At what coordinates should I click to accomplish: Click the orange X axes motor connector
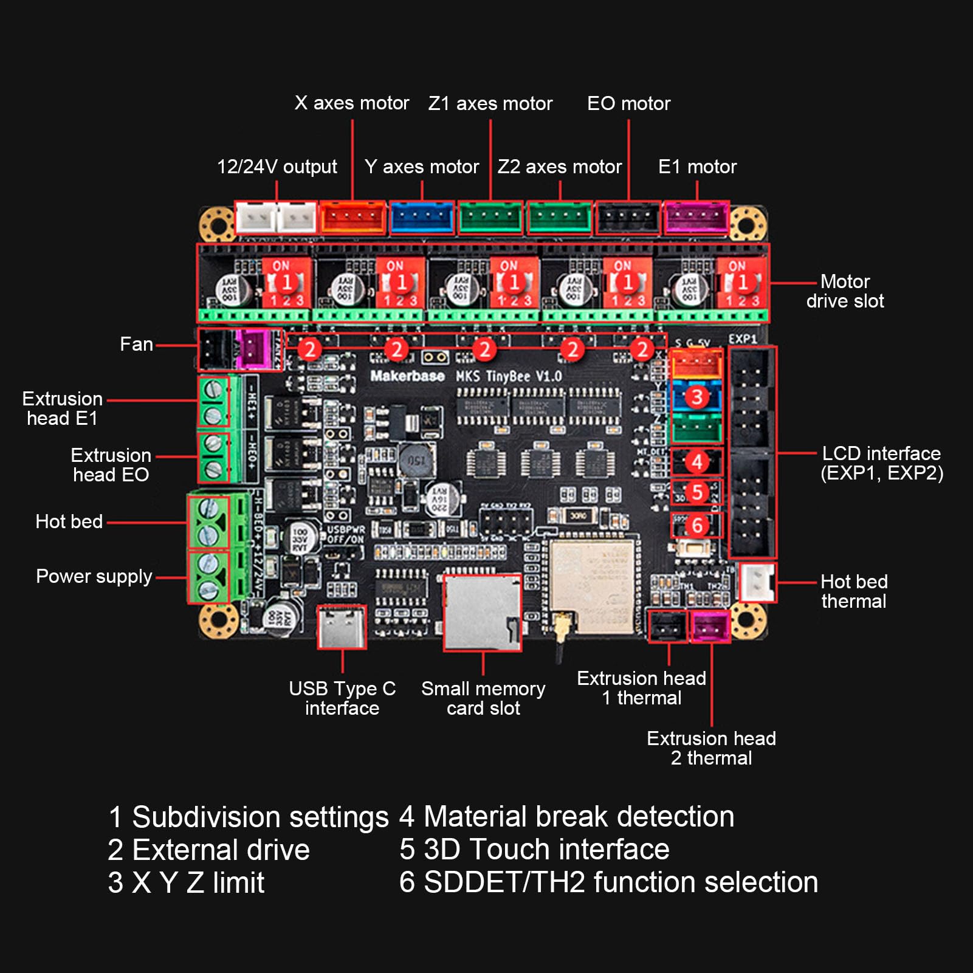pos(352,218)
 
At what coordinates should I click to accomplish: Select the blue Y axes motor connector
pos(422,218)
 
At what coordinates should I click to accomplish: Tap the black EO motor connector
pos(628,218)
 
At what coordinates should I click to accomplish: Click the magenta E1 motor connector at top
pos(696,218)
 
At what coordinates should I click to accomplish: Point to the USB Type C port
pos(342,627)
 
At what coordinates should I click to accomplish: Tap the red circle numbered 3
pos(697,397)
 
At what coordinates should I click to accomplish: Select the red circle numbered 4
pos(697,462)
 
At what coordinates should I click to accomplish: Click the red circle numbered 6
pos(697,525)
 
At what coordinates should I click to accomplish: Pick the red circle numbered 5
pos(697,492)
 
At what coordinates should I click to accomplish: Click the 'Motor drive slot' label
pos(845,291)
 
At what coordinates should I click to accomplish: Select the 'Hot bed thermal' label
pos(853,591)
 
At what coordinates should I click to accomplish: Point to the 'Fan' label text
pos(136,345)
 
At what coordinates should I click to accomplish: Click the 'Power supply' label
pos(94,576)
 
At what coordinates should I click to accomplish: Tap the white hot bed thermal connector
pos(757,583)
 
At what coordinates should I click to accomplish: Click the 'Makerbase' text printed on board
pos(407,376)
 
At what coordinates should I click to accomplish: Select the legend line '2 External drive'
pos(208,850)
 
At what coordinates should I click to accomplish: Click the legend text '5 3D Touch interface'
pos(534,849)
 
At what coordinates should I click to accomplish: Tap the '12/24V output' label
pos(277,167)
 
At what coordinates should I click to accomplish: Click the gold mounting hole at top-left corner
pos(216,224)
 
